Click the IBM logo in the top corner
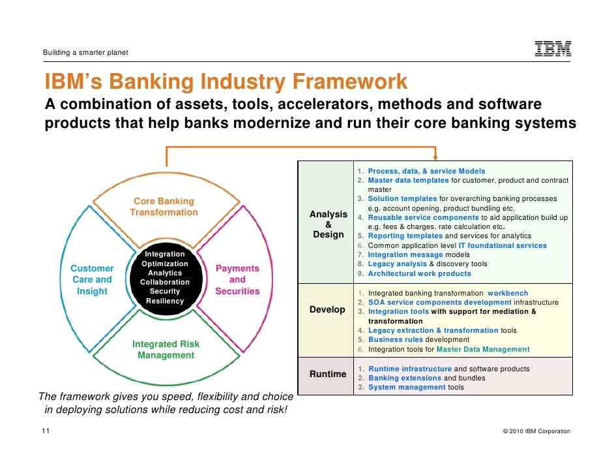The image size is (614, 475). [x=553, y=48]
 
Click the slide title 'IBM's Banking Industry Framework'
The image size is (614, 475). [x=226, y=83]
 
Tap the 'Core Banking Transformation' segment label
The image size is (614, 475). [x=164, y=207]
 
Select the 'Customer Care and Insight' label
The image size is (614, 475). [x=92, y=280]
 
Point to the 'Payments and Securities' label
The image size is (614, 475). [x=237, y=280]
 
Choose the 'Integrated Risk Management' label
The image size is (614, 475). [x=166, y=350]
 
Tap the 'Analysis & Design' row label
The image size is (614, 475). [x=329, y=224]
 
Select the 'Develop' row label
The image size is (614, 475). [x=327, y=309]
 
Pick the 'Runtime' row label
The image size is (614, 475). [x=328, y=374]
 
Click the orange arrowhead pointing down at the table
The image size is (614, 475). [x=435, y=157]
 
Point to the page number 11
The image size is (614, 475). [x=45, y=431]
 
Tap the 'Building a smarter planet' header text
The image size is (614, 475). [x=85, y=52]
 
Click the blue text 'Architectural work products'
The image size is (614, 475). [x=419, y=274]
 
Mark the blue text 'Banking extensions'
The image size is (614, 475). [x=404, y=378]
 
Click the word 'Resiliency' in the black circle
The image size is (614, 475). [x=165, y=301]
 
